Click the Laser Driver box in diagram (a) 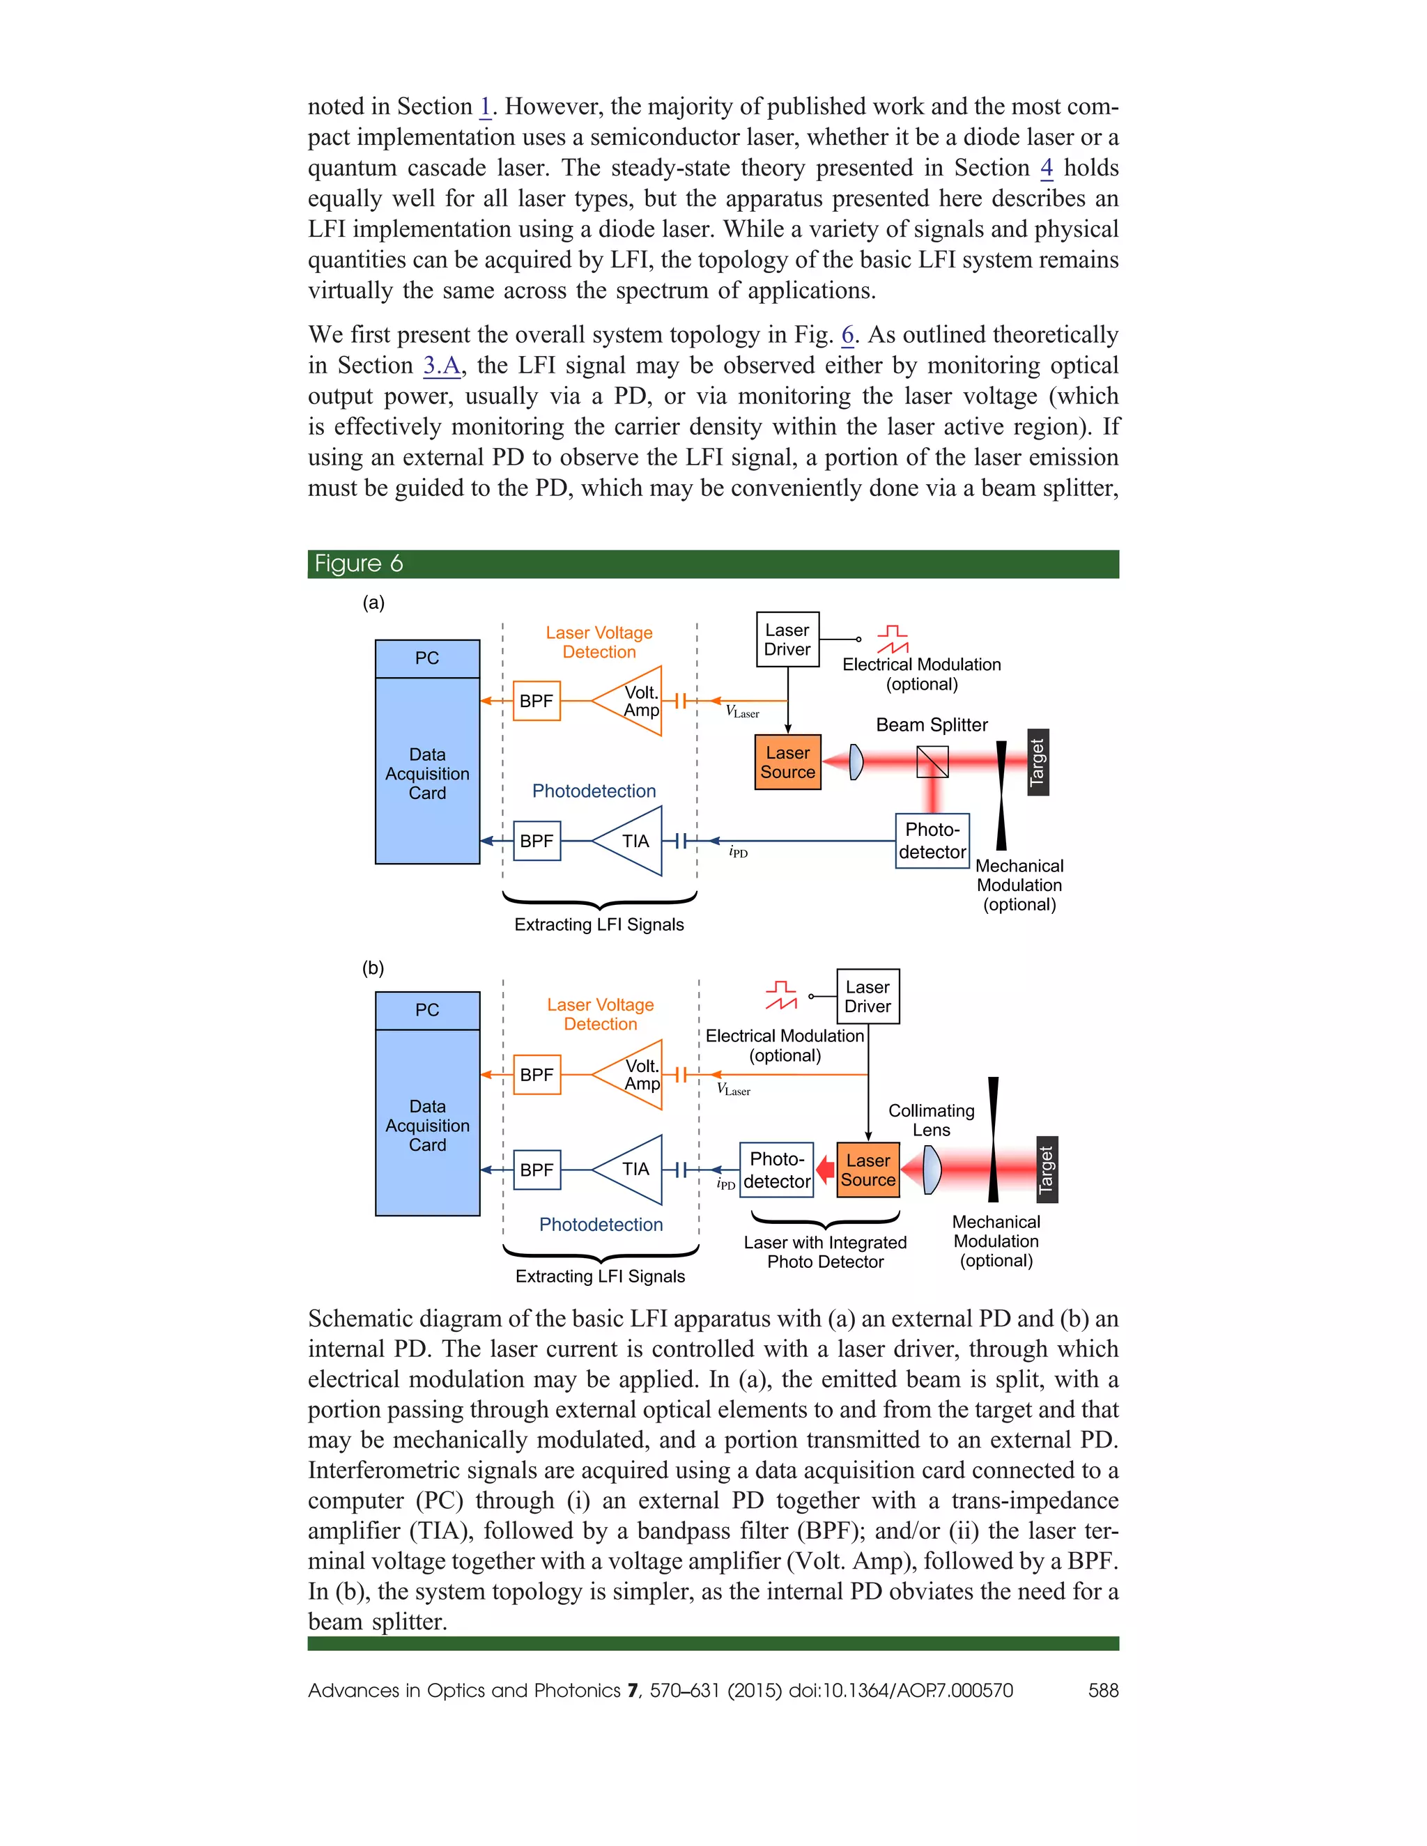tap(787, 640)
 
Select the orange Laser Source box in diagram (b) tap(868, 1170)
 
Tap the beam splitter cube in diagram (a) tap(932, 761)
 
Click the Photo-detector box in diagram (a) tap(932, 840)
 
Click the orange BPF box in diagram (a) tap(537, 701)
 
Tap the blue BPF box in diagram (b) tap(537, 1170)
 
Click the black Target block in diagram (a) tap(1038, 761)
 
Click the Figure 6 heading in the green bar tap(358, 564)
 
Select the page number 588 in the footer tap(1103, 1691)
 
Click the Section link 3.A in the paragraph tap(441, 366)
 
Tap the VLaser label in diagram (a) tap(742, 713)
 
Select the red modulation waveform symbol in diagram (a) tap(892, 640)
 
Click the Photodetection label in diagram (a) tap(594, 791)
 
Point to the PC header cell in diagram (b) tap(428, 1010)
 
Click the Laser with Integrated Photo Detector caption tap(825, 1252)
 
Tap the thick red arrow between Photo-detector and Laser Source tap(825, 1170)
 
